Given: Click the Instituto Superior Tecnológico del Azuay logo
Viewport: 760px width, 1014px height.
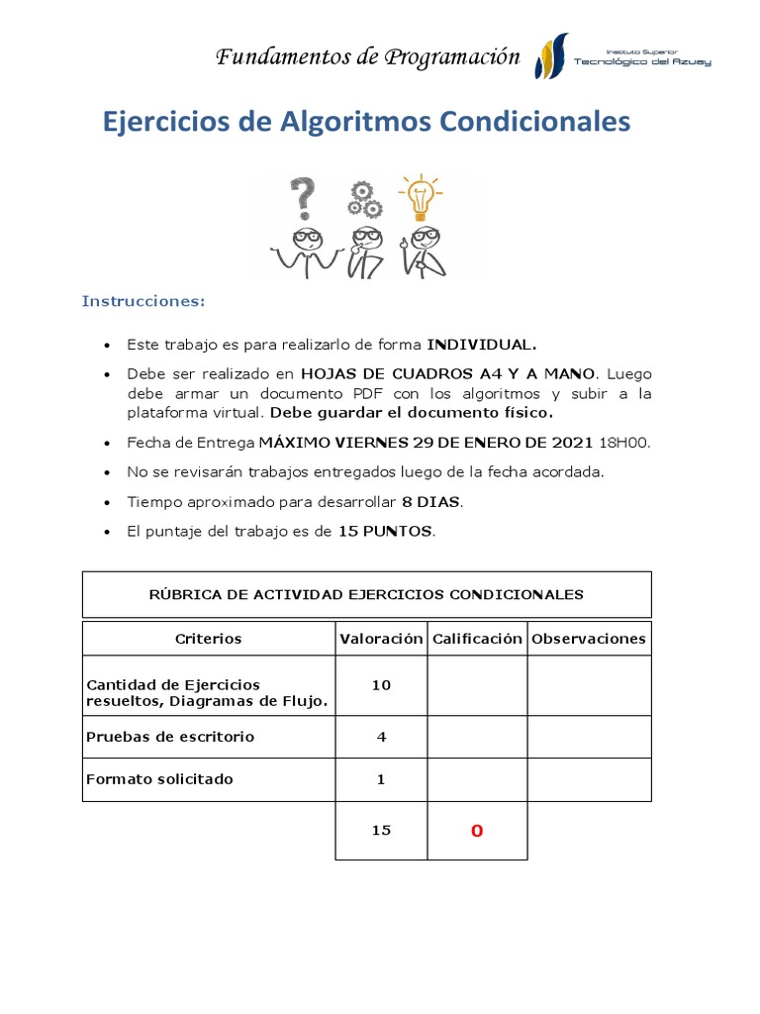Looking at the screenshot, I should tap(622, 57).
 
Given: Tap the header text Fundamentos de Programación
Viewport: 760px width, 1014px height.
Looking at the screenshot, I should tap(368, 57).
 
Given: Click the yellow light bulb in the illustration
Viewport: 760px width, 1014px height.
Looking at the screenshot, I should tap(421, 197).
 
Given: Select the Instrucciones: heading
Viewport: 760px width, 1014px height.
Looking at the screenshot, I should tap(143, 300).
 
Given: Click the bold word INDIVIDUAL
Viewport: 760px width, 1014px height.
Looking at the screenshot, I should tap(482, 345).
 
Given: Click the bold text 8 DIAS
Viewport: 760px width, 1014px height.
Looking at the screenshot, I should tap(431, 501).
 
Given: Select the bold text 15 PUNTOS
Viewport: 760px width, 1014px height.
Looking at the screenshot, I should tap(385, 531).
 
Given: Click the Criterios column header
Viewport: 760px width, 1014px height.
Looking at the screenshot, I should tap(208, 639).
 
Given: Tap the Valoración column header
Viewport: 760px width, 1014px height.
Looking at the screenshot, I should tap(381, 639).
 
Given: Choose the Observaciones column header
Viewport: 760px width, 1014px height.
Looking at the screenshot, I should tap(589, 639).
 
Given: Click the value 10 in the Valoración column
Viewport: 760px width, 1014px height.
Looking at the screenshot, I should tap(381, 685).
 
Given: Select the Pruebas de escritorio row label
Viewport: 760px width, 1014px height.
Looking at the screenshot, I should tap(170, 737).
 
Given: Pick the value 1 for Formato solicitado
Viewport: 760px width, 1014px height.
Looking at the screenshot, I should tap(381, 779).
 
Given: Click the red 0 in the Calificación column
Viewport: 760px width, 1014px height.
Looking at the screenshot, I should tap(477, 831).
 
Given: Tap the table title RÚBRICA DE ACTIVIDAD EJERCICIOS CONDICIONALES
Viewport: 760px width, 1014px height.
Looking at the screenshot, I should tap(366, 594).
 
